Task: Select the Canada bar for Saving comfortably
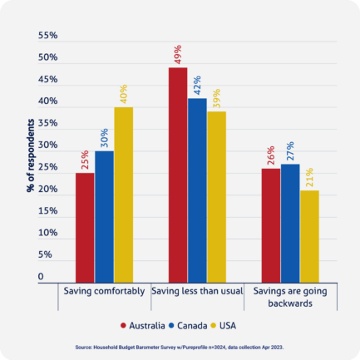(x=104, y=215)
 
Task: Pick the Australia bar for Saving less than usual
(x=178, y=174)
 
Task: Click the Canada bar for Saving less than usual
(x=197, y=189)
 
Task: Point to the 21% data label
(x=309, y=179)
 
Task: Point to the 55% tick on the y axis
(x=47, y=37)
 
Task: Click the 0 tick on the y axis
(x=40, y=276)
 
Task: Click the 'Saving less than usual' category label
(x=196, y=292)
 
